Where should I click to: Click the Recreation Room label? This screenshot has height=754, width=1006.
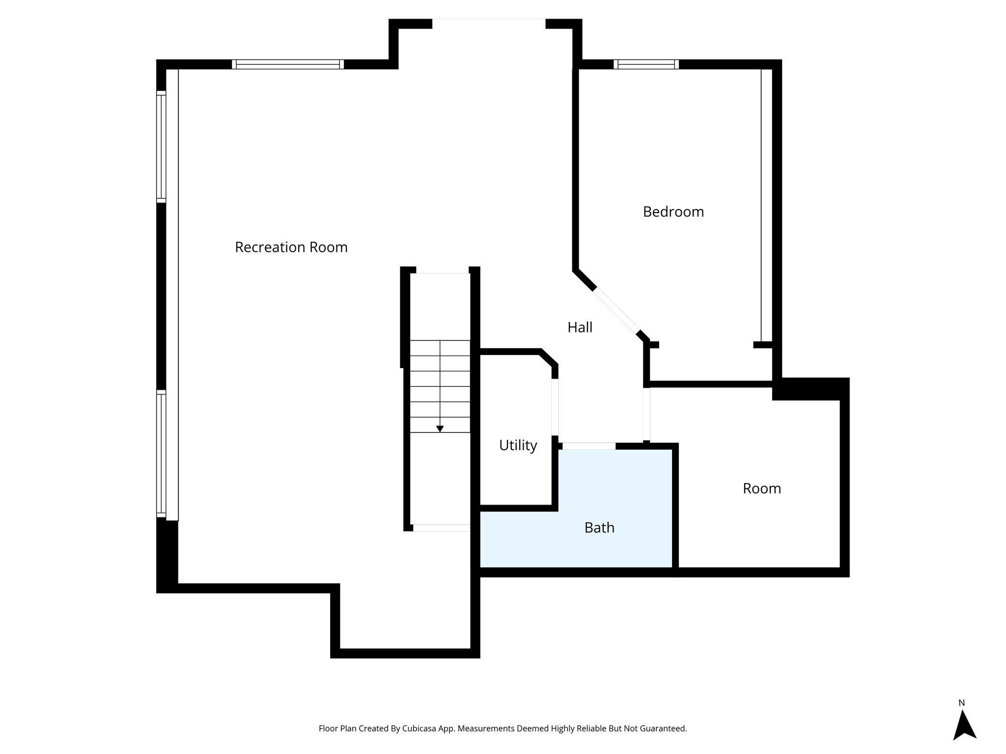coord(291,247)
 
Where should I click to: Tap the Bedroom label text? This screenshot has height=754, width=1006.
coord(673,212)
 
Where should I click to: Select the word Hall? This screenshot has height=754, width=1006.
coord(580,327)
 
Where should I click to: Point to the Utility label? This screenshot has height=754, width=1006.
coord(518,445)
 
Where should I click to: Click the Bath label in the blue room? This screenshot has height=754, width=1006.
coord(599,528)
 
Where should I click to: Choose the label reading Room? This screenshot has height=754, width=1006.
coord(761,488)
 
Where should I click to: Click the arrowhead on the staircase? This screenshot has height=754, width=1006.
coord(440,429)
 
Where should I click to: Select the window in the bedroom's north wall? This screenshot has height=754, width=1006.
coord(646,64)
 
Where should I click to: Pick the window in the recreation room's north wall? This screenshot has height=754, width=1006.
coord(288,64)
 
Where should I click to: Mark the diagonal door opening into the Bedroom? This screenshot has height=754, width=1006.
coord(616,310)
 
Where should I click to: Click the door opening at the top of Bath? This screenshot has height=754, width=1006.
coord(588,446)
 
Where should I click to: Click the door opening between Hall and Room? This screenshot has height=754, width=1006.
coord(646,414)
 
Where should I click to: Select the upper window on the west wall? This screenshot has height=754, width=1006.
coord(161,147)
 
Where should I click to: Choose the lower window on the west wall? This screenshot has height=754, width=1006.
coord(161,453)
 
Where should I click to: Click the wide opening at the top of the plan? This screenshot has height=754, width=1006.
coord(489,20)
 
